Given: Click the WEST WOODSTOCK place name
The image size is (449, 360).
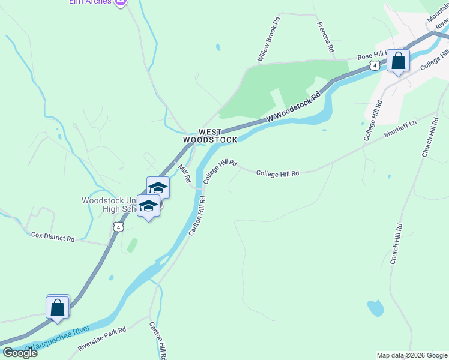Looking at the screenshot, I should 209,135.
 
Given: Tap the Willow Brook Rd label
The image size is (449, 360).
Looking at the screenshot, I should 268,40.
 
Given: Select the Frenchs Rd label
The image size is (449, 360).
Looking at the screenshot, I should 325,37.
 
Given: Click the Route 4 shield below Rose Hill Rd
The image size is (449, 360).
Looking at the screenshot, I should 374,65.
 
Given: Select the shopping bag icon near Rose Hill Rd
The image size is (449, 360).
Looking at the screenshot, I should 398,61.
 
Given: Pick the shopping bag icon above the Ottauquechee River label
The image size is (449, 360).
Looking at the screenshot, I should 58,307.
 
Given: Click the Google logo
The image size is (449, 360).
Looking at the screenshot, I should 20,353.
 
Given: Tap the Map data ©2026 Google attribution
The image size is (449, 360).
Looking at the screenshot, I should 412,355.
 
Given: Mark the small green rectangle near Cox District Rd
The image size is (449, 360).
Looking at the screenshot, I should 132,245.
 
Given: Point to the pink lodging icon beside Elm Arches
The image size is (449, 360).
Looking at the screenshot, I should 121,2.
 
